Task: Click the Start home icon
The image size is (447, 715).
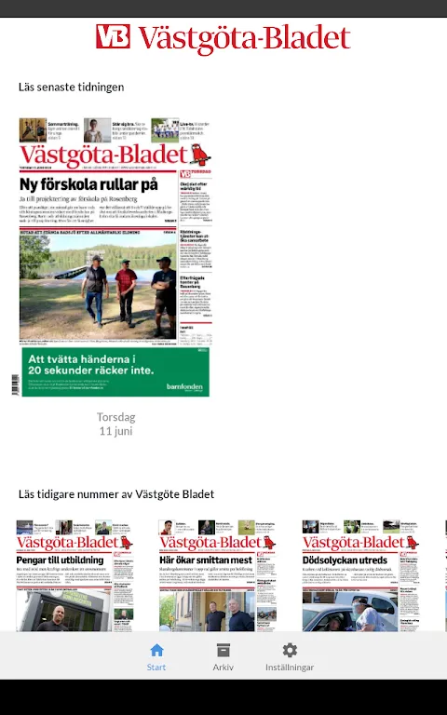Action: coord(156,651)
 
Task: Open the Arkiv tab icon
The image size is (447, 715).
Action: coord(223,651)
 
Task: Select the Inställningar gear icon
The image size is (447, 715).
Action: coord(290,651)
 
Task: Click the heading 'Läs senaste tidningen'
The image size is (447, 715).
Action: coord(72,88)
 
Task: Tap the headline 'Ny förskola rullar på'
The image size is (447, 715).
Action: coord(88,185)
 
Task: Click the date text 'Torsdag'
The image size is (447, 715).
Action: coord(116,417)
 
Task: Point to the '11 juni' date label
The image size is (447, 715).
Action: coord(116,432)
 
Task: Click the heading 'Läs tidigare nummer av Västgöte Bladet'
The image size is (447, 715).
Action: coord(116,494)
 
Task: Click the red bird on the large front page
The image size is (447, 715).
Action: coord(199,154)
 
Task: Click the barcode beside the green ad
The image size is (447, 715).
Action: coord(15,384)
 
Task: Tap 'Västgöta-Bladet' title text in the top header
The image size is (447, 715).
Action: coord(244,38)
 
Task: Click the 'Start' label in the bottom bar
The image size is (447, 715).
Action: coord(156,668)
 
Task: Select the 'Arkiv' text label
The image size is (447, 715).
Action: coord(223,668)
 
